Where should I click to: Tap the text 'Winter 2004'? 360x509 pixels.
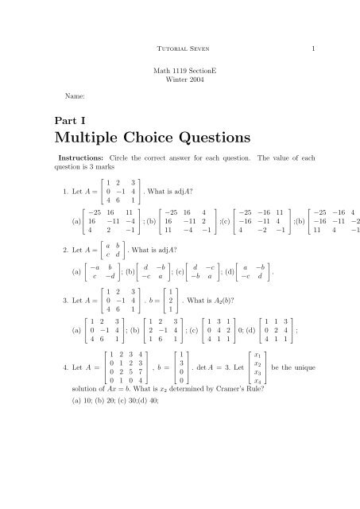pyautogui.click(x=180, y=82)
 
